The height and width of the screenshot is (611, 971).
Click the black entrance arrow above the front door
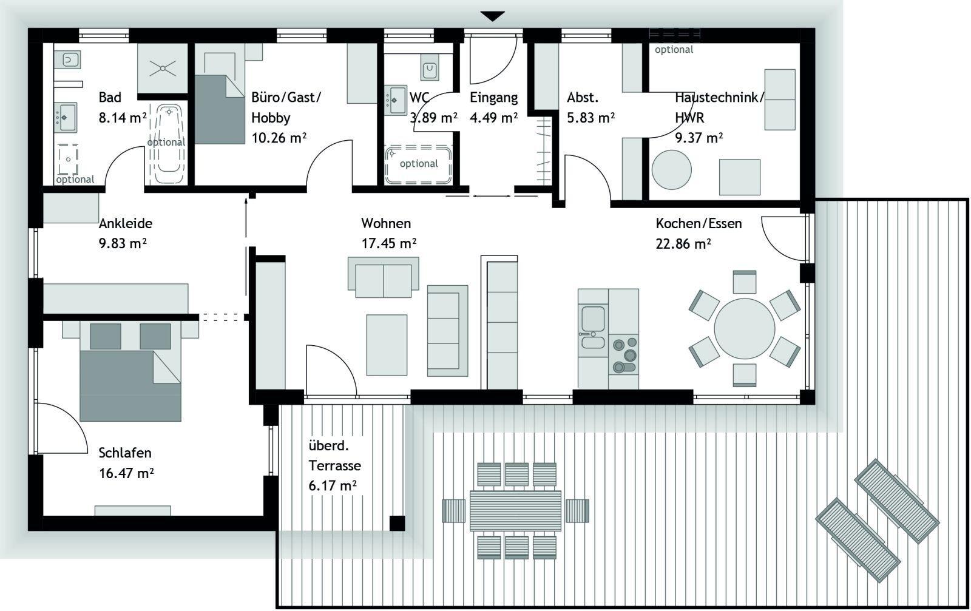492,16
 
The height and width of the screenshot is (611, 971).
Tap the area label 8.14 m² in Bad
123,118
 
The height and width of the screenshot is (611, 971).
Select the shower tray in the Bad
163,68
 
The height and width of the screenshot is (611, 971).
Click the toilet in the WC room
430,69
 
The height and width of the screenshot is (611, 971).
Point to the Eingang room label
494,98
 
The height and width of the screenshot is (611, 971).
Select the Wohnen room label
386,223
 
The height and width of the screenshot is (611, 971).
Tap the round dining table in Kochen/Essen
744,328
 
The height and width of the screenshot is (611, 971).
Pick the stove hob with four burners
624,354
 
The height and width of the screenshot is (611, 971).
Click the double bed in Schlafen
130,371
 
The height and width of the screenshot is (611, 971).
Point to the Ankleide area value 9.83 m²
123,243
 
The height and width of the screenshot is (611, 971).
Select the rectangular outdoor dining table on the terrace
515,510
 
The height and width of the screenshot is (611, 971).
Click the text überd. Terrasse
334,456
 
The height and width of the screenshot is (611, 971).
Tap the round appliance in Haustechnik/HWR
671,169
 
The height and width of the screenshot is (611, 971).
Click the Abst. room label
583,98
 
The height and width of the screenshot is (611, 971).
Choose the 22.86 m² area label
683,244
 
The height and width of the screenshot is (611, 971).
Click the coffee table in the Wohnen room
387,345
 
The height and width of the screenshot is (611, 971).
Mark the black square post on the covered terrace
397,523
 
